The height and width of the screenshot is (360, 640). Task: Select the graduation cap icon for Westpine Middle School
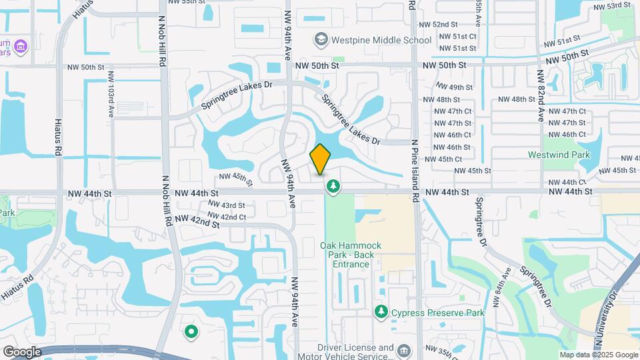point(321,40)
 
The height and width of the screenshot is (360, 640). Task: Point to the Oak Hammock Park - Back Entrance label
point(351,255)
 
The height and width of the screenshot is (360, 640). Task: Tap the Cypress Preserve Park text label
point(437,312)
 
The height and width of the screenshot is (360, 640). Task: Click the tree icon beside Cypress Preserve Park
point(381,311)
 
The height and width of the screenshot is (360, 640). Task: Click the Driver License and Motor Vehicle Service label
point(355,352)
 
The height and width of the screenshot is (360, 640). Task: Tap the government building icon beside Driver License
point(403,351)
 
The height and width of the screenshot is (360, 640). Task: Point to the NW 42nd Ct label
point(227,217)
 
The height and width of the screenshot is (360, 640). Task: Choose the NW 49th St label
point(454,87)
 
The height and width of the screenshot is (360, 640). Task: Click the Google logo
point(22,351)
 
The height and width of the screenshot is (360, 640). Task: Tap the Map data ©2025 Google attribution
point(598,355)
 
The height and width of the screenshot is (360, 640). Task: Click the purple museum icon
point(21,46)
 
